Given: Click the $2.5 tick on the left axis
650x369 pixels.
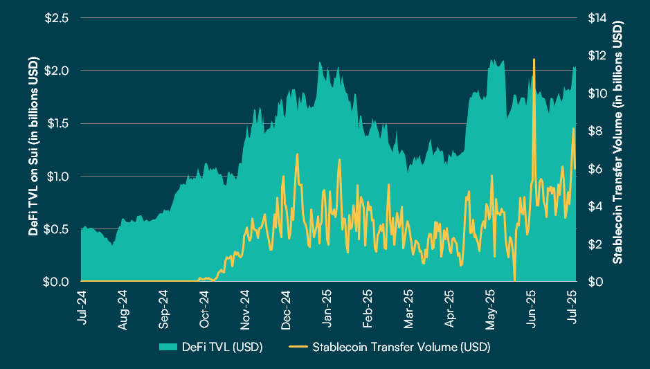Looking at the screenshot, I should pos(57,18).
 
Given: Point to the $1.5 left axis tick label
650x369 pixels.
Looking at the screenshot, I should pos(57,123).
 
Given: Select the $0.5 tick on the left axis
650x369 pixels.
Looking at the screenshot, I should pos(57,228).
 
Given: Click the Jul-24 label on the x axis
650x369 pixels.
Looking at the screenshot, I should pos(82,304).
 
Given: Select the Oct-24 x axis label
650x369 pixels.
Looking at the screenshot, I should pos(205,304).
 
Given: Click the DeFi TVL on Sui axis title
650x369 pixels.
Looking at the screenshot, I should pos(33,150).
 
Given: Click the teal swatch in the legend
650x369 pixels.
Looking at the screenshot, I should pos(168,346).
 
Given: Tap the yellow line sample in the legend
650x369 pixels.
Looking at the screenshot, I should pos(299,346).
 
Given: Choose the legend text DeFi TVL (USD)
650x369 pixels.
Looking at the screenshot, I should pos(222,346).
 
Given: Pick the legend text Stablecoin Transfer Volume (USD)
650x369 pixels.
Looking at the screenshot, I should pos(401,346).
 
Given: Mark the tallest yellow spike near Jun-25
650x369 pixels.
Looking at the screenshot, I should pos(534,60).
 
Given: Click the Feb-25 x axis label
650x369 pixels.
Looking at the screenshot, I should pos(369,304).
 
